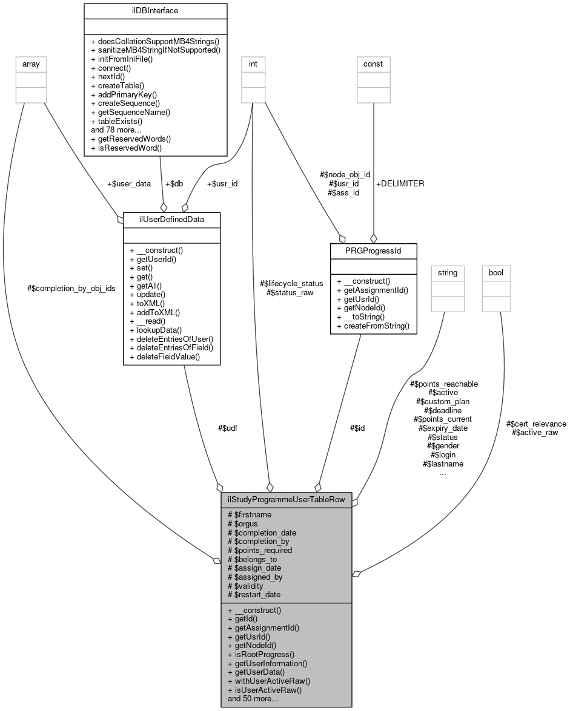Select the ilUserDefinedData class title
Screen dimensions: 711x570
point(163,218)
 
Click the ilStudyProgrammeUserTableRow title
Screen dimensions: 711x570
point(287,500)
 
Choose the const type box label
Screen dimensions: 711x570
point(373,64)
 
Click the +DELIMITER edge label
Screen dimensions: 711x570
point(400,183)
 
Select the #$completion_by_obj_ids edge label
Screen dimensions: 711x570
point(71,288)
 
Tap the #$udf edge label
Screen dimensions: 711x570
point(228,428)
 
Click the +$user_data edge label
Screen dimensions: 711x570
point(128,183)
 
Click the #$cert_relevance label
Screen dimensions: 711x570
point(536,424)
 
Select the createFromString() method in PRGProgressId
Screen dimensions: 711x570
point(373,326)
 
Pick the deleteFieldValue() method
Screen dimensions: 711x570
point(165,357)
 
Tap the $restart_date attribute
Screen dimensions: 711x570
point(253,595)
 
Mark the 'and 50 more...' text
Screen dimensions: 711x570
point(253,699)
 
